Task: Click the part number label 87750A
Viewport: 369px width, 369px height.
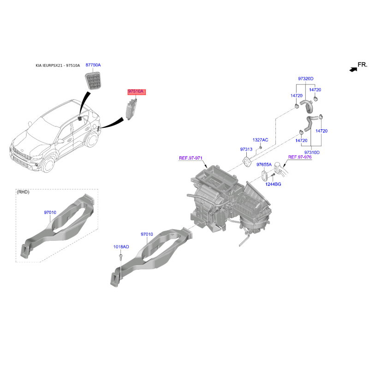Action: [93, 65]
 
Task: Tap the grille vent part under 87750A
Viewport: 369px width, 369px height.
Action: [93, 83]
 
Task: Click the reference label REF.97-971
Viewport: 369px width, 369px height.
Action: [191, 158]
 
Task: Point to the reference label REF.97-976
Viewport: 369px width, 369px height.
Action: [300, 157]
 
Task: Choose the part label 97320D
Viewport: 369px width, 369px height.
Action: [305, 79]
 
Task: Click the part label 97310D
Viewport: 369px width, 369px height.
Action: [312, 152]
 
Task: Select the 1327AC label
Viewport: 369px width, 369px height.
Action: [260, 140]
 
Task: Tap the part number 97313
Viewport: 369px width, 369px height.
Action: [246, 149]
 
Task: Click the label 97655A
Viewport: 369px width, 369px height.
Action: [264, 164]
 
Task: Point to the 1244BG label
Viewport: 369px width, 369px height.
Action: [273, 184]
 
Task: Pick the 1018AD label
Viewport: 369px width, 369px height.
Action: [121, 247]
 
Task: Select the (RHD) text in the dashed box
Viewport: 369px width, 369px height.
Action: [24, 192]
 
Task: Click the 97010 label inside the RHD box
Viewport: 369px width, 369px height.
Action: [50, 213]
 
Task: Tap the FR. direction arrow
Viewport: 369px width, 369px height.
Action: [353, 69]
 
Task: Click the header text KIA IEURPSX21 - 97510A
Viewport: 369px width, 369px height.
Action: [58, 66]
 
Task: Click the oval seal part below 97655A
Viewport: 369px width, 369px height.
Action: [264, 176]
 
